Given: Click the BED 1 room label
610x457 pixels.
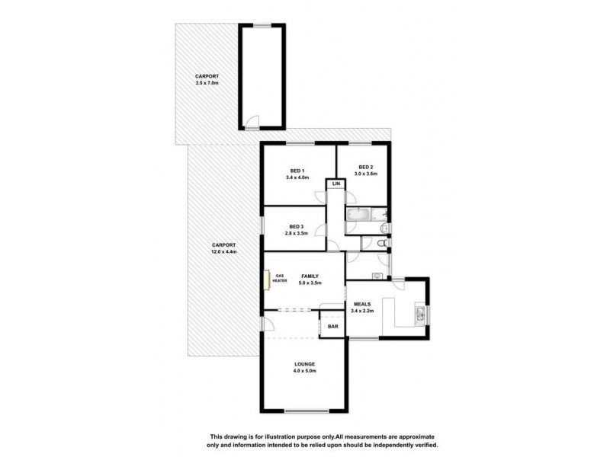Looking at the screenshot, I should point(297,170).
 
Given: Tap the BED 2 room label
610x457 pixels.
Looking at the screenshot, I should point(365,167).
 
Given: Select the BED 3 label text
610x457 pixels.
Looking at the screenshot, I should point(297,226).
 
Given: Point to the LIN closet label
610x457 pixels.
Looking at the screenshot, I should point(335,184).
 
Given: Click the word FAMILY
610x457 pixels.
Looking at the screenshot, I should point(310,276).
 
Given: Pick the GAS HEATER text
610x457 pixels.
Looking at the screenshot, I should point(280,278).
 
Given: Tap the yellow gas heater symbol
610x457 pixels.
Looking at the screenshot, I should point(268,279).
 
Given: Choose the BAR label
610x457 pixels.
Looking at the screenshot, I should point(333,327).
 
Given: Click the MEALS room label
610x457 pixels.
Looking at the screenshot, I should point(362,304).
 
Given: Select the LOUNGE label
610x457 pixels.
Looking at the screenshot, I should point(305,364).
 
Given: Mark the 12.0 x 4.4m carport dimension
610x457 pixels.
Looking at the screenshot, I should point(225,251).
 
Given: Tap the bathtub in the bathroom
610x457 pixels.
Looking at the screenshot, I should point(357,217).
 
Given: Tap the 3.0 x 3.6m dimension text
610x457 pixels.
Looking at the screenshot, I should point(365,174).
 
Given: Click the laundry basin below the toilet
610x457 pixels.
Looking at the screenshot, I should point(376,275).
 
